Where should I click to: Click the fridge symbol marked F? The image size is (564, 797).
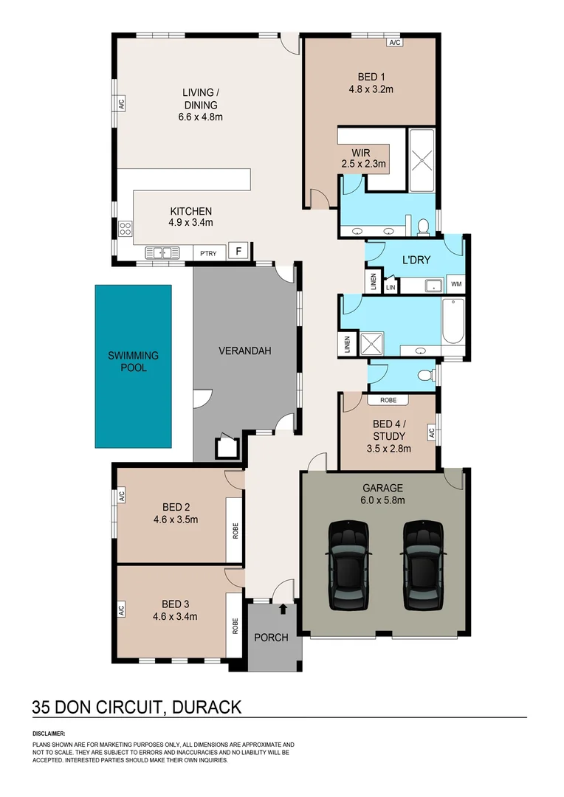pos(238,251)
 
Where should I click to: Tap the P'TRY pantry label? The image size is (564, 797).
pos(208,253)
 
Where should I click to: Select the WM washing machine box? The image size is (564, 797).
pos(456,284)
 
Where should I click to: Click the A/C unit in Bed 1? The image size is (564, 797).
pos(395,43)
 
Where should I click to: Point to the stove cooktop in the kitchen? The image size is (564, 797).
pos(125,229)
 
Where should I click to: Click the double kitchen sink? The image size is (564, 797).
pos(162,252)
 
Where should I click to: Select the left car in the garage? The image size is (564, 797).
pos(348,565)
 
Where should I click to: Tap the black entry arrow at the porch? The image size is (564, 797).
pos(283,609)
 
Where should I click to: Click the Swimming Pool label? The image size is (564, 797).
pos(133,362)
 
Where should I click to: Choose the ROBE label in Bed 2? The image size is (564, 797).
pos(235,531)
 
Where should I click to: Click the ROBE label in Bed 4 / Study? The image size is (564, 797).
pos(388,400)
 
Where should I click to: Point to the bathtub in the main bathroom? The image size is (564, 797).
pos(453,322)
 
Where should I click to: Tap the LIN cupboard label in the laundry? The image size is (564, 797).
pos(391,288)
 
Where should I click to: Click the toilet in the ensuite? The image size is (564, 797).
pos(422,227)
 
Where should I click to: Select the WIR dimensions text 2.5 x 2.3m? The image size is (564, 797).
pos(364,164)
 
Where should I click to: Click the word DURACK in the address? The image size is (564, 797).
pos(207,707)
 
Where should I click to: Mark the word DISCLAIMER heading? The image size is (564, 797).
pos(49,734)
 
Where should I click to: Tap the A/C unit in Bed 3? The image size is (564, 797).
pos(121,610)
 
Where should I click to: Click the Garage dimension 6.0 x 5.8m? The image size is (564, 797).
pos(382,500)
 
